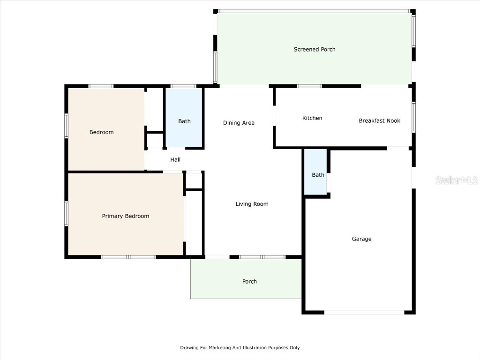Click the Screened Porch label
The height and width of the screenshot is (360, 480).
315,49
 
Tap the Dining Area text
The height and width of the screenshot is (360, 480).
239,123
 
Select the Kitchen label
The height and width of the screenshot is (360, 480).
312,118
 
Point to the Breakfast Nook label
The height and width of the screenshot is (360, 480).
379,120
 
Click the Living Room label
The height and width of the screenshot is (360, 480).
252,204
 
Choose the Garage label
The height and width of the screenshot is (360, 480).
361,239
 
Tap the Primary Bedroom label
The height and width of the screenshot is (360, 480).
126,216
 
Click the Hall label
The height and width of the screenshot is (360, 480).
175,160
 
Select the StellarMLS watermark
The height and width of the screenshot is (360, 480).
457,180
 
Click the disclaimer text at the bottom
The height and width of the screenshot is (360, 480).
240,348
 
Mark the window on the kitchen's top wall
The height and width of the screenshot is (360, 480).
309,86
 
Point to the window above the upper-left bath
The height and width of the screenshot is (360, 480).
183,86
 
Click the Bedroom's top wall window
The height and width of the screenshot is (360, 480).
101,86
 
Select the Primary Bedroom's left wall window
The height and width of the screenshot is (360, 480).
67,213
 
